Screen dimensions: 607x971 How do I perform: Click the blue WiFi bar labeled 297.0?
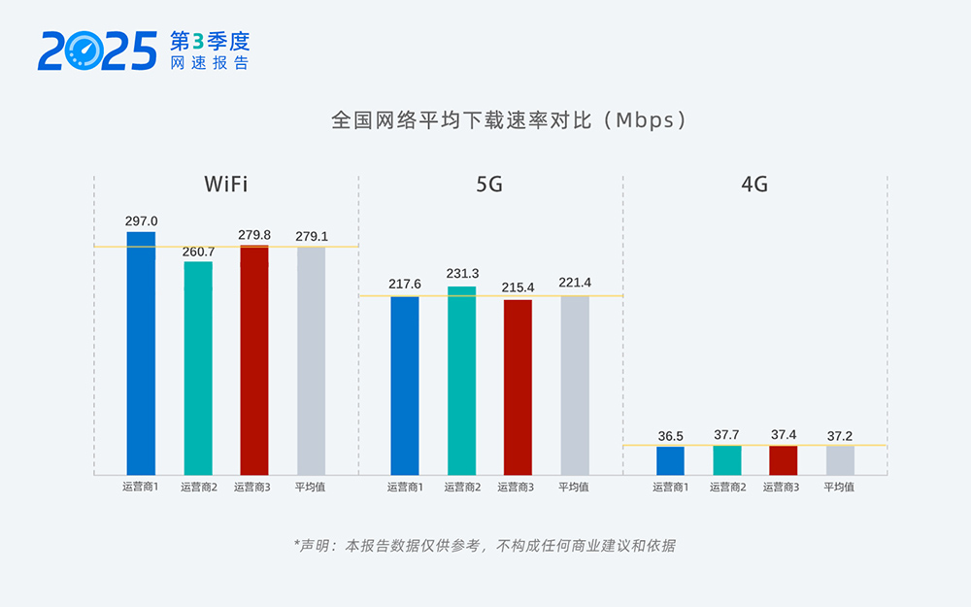pyautogui.click(x=141, y=354)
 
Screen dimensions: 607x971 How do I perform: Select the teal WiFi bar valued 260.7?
pyautogui.click(x=198, y=368)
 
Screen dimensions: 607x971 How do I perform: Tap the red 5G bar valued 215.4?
pyautogui.click(x=518, y=388)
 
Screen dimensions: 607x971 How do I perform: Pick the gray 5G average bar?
pyautogui.click(x=575, y=386)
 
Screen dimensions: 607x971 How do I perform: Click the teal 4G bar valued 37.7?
pyautogui.click(x=727, y=460)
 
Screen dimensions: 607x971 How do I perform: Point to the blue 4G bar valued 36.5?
pyautogui.click(x=670, y=460)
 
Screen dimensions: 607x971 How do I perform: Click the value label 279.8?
pyautogui.click(x=254, y=235)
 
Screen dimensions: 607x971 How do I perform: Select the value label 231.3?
pyautogui.click(x=462, y=274)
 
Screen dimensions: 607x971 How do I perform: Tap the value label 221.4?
pyautogui.click(x=575, y=283)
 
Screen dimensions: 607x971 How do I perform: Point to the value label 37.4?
pyautogui.click(x=784, y=435)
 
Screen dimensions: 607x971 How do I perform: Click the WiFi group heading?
pyautogui.click(x=226, y=184)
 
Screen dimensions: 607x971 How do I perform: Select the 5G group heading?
pyautogui.click(x=489, y=184)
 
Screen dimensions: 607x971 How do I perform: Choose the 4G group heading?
pyautogui.click(x=754, y=184)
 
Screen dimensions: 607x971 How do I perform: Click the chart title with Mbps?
pyautogui.click(x=510, y=120)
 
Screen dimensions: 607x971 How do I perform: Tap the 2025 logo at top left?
pyautogui.click(x=97, y=51)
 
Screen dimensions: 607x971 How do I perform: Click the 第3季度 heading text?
pyautogui.click(x=209, y=41)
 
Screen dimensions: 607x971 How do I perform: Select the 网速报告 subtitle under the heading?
pyautogui.click(x=209, y=63)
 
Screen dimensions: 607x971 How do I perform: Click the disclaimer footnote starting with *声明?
pyautogui.click(x=485, y=545)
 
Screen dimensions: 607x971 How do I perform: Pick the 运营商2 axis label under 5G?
pyautogui.click(x=462, y=488)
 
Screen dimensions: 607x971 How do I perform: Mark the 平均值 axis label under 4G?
pyautogui.click(x=839, y=488)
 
